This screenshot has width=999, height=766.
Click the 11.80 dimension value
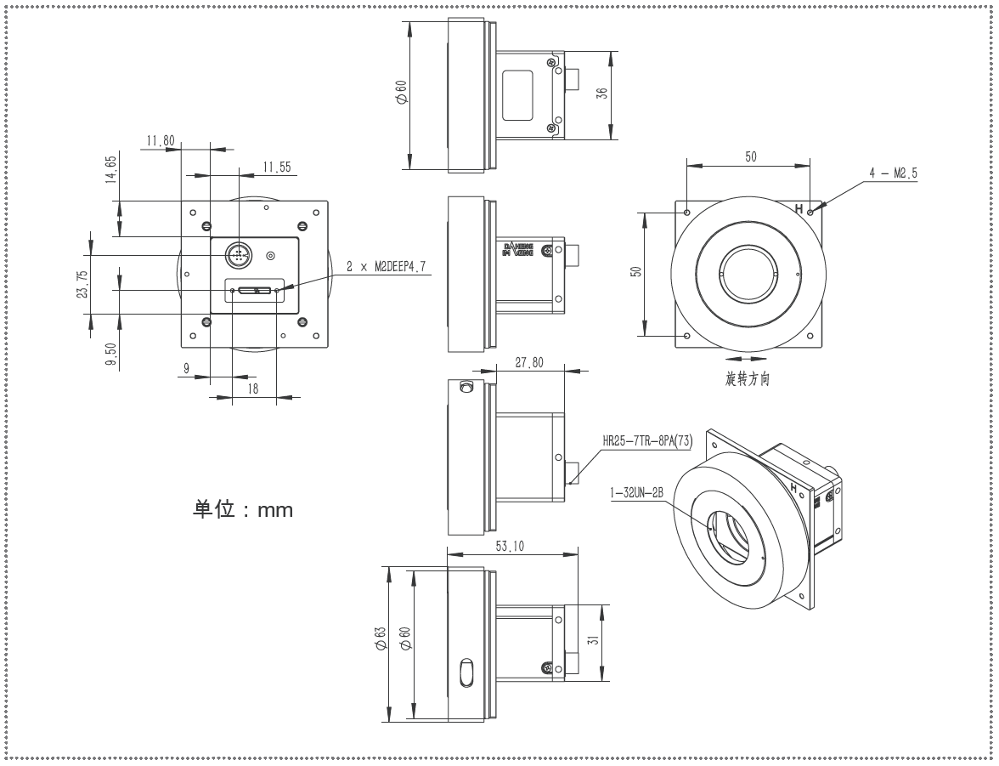pos(161,141)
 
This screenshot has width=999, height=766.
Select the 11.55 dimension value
pos(277,167)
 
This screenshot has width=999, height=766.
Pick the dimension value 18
pos(253,389)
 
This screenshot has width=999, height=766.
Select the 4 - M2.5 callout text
pos(893,173)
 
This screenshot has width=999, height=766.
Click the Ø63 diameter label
pos(381,638)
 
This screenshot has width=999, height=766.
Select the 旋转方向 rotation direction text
pos(748,379)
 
